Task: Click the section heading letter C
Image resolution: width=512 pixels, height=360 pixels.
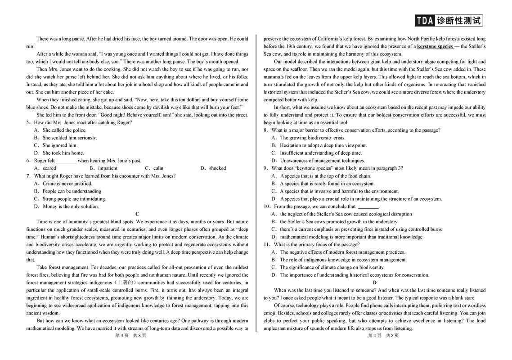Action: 137,214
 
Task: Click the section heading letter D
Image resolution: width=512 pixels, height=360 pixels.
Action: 374,283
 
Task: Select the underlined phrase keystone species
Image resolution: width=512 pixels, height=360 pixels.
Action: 435,46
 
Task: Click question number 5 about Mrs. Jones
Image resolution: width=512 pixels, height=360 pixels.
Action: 28,122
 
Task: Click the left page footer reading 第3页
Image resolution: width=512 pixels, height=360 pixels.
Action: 122,335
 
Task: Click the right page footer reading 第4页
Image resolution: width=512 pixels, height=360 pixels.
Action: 375,335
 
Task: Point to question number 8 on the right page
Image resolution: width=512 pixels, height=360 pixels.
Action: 266,130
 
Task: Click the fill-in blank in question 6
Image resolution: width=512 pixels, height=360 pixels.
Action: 66,161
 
